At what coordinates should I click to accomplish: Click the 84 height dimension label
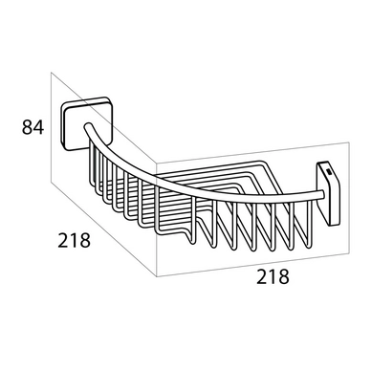(33, 127)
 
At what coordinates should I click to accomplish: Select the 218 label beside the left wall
(74, 240)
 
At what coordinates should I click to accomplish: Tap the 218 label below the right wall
(273, 276)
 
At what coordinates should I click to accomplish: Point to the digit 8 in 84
(27, 127)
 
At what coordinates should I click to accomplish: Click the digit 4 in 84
(38, 127)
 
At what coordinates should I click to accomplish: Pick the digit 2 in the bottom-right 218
(262, 276)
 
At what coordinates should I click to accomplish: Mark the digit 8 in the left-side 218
(85, 240)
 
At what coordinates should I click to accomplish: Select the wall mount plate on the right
(328, 194)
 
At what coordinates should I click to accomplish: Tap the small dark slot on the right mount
(329, 173)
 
